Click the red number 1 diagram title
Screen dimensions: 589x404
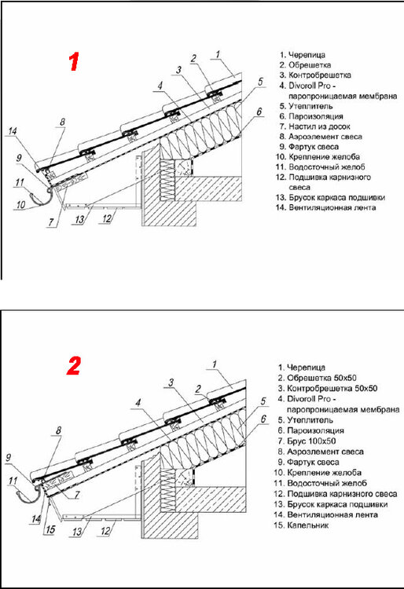(74, 63)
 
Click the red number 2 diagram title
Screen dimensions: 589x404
(74, 366)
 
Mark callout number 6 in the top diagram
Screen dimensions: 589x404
(259, 112)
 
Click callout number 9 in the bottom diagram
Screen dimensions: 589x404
(9, 457)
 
